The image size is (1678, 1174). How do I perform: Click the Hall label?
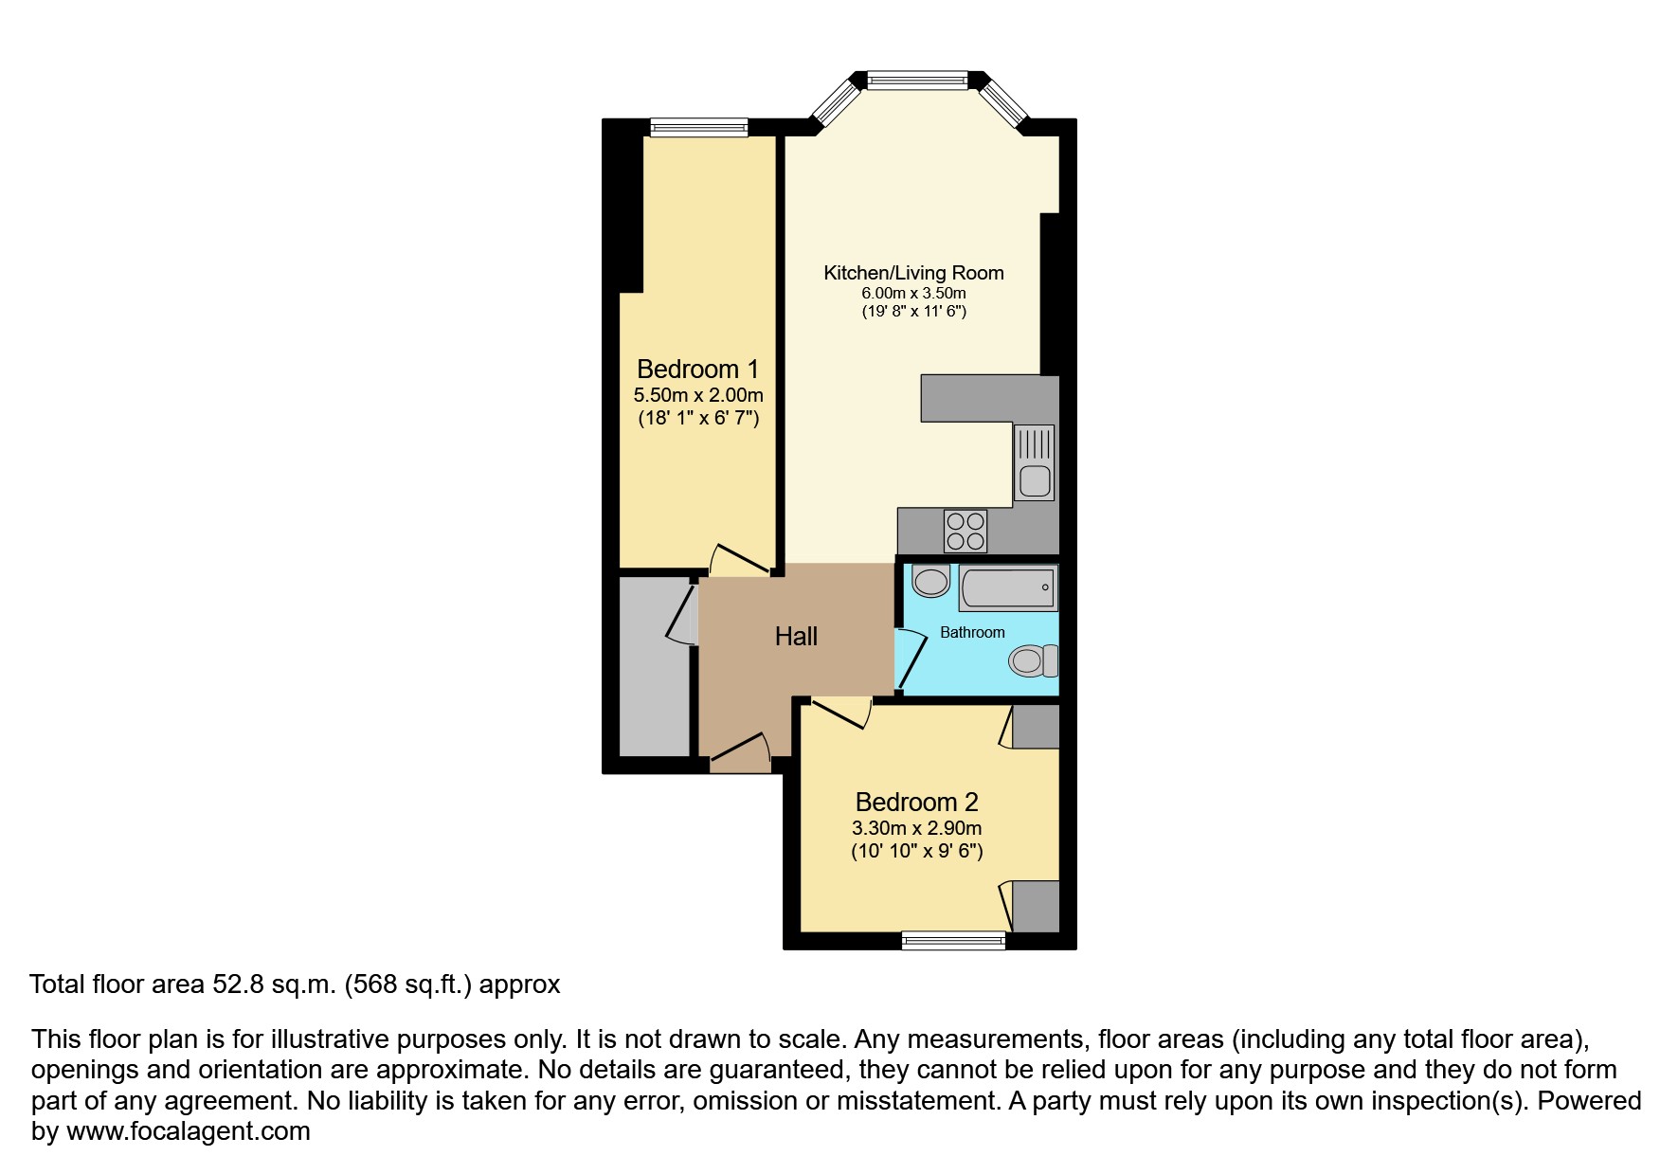click(796, 637)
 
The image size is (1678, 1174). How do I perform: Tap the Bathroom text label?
click(972, 632)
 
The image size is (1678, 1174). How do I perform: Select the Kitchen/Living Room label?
click(913, 273)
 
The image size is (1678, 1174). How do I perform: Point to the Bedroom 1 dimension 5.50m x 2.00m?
click(698, 395)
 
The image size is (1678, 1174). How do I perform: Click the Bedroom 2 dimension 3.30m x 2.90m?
click(917, 828)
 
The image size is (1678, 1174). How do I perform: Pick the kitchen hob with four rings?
click(965, 531)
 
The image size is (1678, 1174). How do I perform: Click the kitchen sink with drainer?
click(1034, 462)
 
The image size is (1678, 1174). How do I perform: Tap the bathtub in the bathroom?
click(1008, 588)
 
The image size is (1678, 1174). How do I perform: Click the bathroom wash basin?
click(931, 580)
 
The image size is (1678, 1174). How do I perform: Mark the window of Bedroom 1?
click(699, 127)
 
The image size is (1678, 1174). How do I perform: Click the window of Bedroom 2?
click(954, 940)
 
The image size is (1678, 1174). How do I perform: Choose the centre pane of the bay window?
click(917, 81)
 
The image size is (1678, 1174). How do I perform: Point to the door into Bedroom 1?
click(739, 560)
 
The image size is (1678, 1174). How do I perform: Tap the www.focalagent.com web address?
click(188, 1131)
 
